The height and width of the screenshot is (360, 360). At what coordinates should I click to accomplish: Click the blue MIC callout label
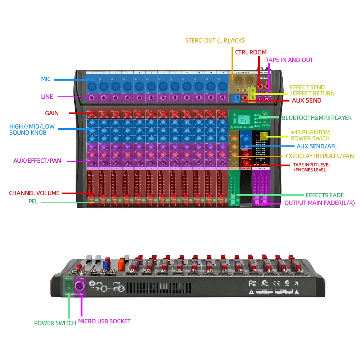tap(46, 79)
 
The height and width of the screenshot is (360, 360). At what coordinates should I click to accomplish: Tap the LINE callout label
tap(47, 96)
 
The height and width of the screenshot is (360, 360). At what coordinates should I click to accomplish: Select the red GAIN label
tap(51, 113)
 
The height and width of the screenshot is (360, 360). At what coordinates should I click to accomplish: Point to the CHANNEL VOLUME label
tap(34, 193)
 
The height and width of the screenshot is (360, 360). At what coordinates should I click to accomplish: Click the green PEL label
tap(33, 201)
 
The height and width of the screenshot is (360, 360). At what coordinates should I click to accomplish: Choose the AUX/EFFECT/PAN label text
tap(37, 161)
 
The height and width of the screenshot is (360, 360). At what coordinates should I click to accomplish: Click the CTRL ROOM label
tap(251, 52)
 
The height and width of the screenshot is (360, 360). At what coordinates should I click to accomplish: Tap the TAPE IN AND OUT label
tap(289, 60)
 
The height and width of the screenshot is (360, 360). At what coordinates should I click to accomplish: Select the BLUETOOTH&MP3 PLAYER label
tap(317, 118)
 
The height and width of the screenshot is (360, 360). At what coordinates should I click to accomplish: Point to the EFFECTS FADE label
tap(324, 195)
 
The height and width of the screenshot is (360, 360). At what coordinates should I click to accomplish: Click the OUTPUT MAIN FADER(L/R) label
tap(319, 203)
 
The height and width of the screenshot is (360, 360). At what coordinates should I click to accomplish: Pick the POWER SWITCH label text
tap(55, 323)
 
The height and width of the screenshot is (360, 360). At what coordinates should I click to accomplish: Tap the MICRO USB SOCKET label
tap(104, 321)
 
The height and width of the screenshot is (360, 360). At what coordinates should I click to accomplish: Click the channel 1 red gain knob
tap(92, 114)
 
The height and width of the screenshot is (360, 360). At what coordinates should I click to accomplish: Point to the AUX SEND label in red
tap(306, 101)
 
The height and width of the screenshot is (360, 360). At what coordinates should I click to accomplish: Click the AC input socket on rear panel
tap(79, 287)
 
